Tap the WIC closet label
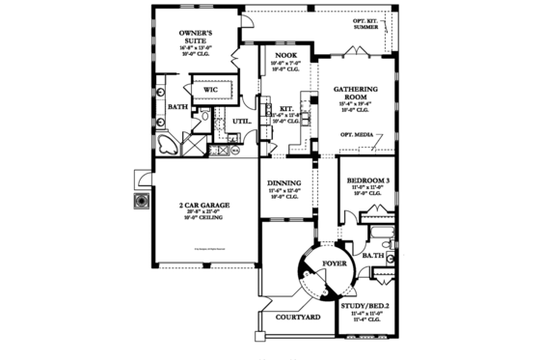coord(212,89)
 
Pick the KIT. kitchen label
coord(286,108)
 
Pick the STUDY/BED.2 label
coord(366,306)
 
